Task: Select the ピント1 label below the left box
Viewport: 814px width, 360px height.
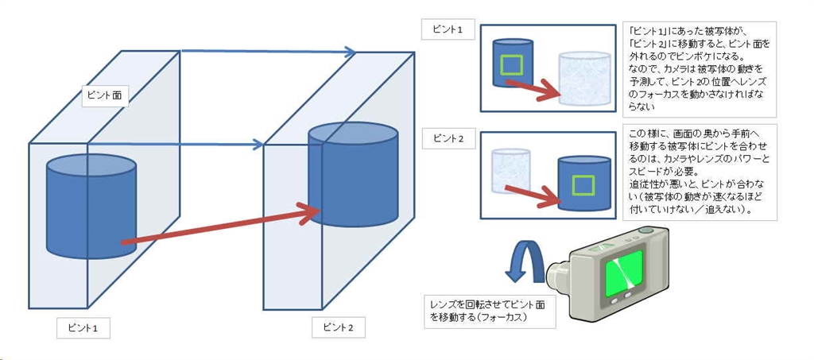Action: [83, 327]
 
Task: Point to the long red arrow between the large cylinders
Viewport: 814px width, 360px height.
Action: [223, 225]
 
